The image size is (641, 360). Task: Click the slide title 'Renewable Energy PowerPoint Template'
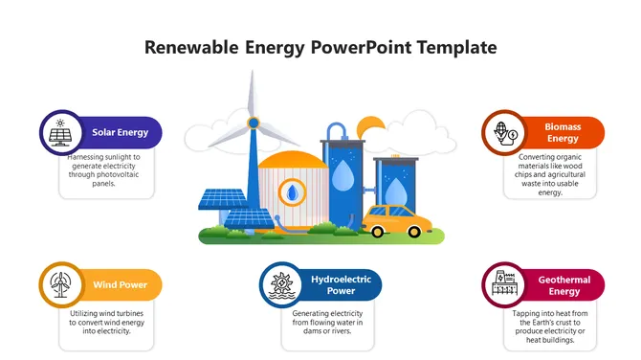[320, 47]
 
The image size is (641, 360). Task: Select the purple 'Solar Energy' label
[120, 132]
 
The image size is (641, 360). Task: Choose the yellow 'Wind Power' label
[120, 284]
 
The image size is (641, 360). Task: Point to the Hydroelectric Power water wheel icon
[281, 284]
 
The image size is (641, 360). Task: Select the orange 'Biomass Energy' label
[563, 132]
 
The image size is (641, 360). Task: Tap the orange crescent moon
[368, 125]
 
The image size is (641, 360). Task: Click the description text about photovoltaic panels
[106, 169]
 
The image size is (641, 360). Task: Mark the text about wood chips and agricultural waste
[549, 174]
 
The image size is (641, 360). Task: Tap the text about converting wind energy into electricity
[107, 323]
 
